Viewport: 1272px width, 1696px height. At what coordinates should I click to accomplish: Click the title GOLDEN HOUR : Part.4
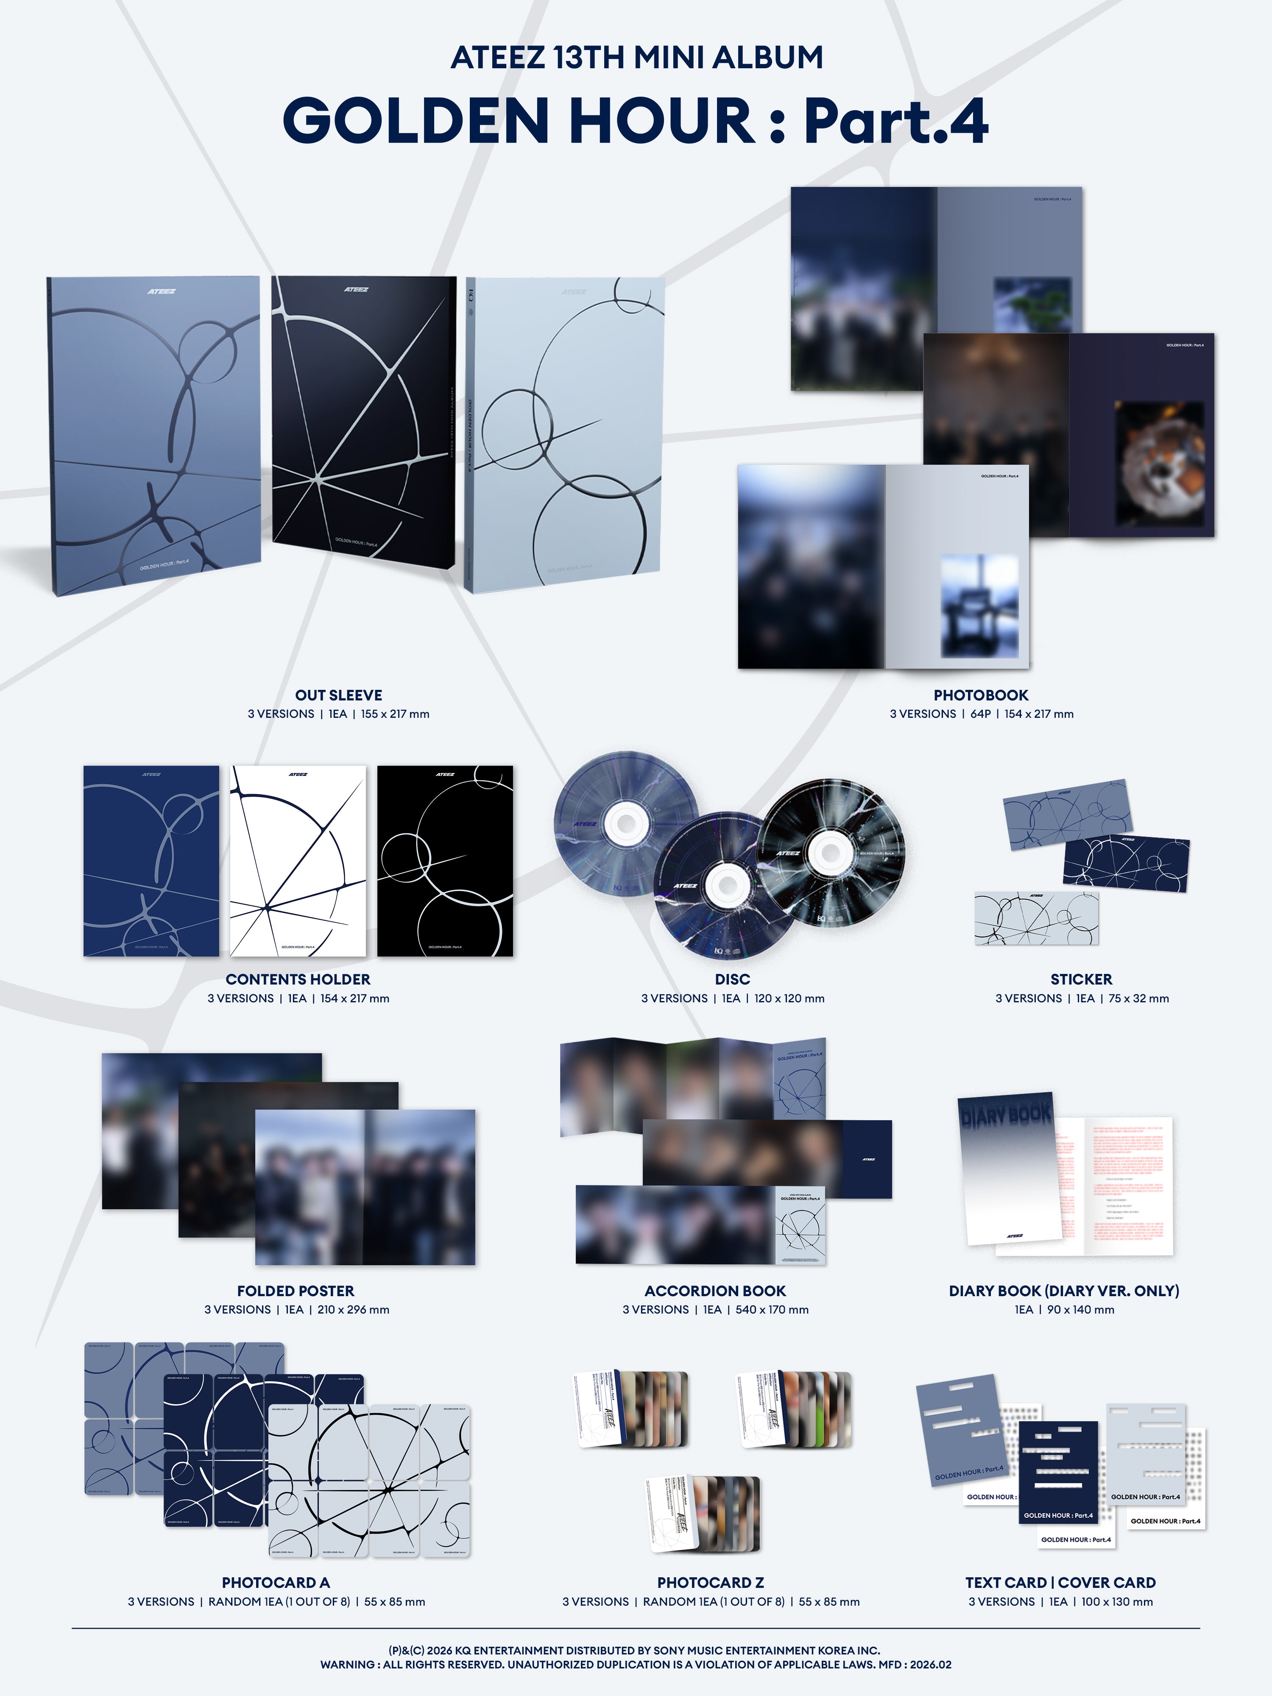point(636,120)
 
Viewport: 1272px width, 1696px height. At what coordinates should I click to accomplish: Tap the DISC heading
point(732,979)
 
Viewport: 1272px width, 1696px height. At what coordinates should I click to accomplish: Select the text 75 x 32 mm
point(1138,998)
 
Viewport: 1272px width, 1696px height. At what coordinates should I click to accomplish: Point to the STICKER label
point(1081,979)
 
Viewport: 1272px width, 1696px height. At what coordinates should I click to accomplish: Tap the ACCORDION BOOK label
point(714,1291)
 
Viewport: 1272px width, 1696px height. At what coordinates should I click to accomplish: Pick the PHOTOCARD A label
point(276,1582)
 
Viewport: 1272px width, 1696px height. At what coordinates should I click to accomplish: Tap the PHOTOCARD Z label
point(710,1582)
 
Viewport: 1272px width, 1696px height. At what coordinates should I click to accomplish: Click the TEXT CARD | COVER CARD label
point(1060,1582)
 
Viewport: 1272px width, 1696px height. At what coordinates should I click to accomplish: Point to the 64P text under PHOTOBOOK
point(981,714)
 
